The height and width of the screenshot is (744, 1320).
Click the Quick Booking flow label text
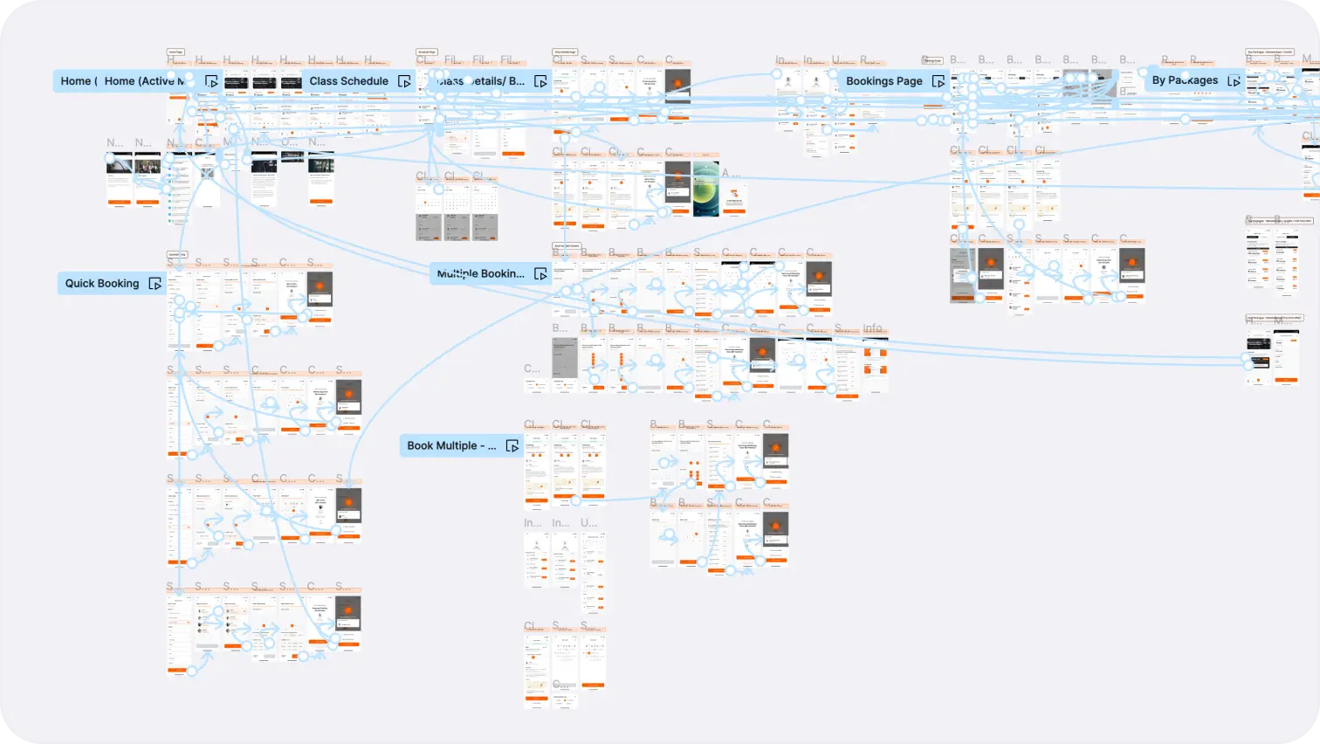click(x=102, y=284)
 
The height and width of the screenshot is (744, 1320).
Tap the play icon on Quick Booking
click(x=155, y=284)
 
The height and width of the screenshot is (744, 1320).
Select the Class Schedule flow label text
click(x=348, y=81)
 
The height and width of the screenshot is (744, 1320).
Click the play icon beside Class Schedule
click(x=404, y=81)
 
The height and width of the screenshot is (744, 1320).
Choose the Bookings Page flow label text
click(x=883, y=81)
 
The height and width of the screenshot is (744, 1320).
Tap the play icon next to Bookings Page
click(x=938, y=81)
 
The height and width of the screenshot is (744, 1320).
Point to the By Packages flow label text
click(x=1185, y=80)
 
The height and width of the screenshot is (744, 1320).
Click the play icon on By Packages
click(x=1234, y=80)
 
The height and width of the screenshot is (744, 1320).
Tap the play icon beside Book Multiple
click(x=512, y=446)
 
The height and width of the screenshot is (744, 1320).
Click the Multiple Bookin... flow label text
click(x=481, y=274)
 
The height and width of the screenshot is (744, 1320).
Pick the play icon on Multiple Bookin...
click(x=540, y=274)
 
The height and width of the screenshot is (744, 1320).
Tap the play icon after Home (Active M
click(x=211, y=81)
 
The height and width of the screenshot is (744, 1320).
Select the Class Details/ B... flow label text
click(x=481, y=81)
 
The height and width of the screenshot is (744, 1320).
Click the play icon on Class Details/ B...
click(x=540, y=81)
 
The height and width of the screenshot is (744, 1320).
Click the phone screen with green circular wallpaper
click(x=706, y=189)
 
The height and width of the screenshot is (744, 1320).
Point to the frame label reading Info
click(x=873, y=329)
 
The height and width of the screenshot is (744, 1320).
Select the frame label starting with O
click(x=288, y=142)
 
